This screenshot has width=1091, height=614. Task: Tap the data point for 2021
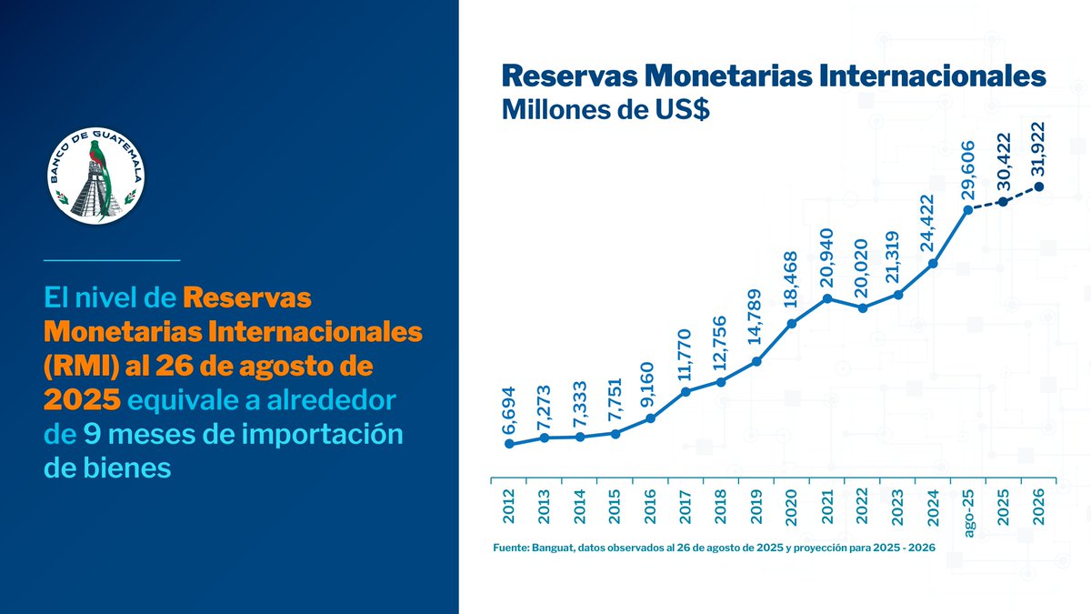(827, 297)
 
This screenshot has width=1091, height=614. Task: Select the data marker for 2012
(509, 444)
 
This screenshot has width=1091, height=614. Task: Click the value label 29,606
(967, 170)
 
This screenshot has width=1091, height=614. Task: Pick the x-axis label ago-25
(969, 511)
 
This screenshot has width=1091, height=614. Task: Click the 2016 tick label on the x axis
(650, 506)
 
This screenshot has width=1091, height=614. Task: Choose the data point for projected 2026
(1039, 186)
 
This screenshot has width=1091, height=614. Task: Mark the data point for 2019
(756, 361)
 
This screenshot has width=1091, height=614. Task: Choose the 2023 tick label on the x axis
(898, 506)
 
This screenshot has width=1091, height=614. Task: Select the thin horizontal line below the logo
(112, 260)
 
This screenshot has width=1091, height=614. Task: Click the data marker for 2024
(933, 264)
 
